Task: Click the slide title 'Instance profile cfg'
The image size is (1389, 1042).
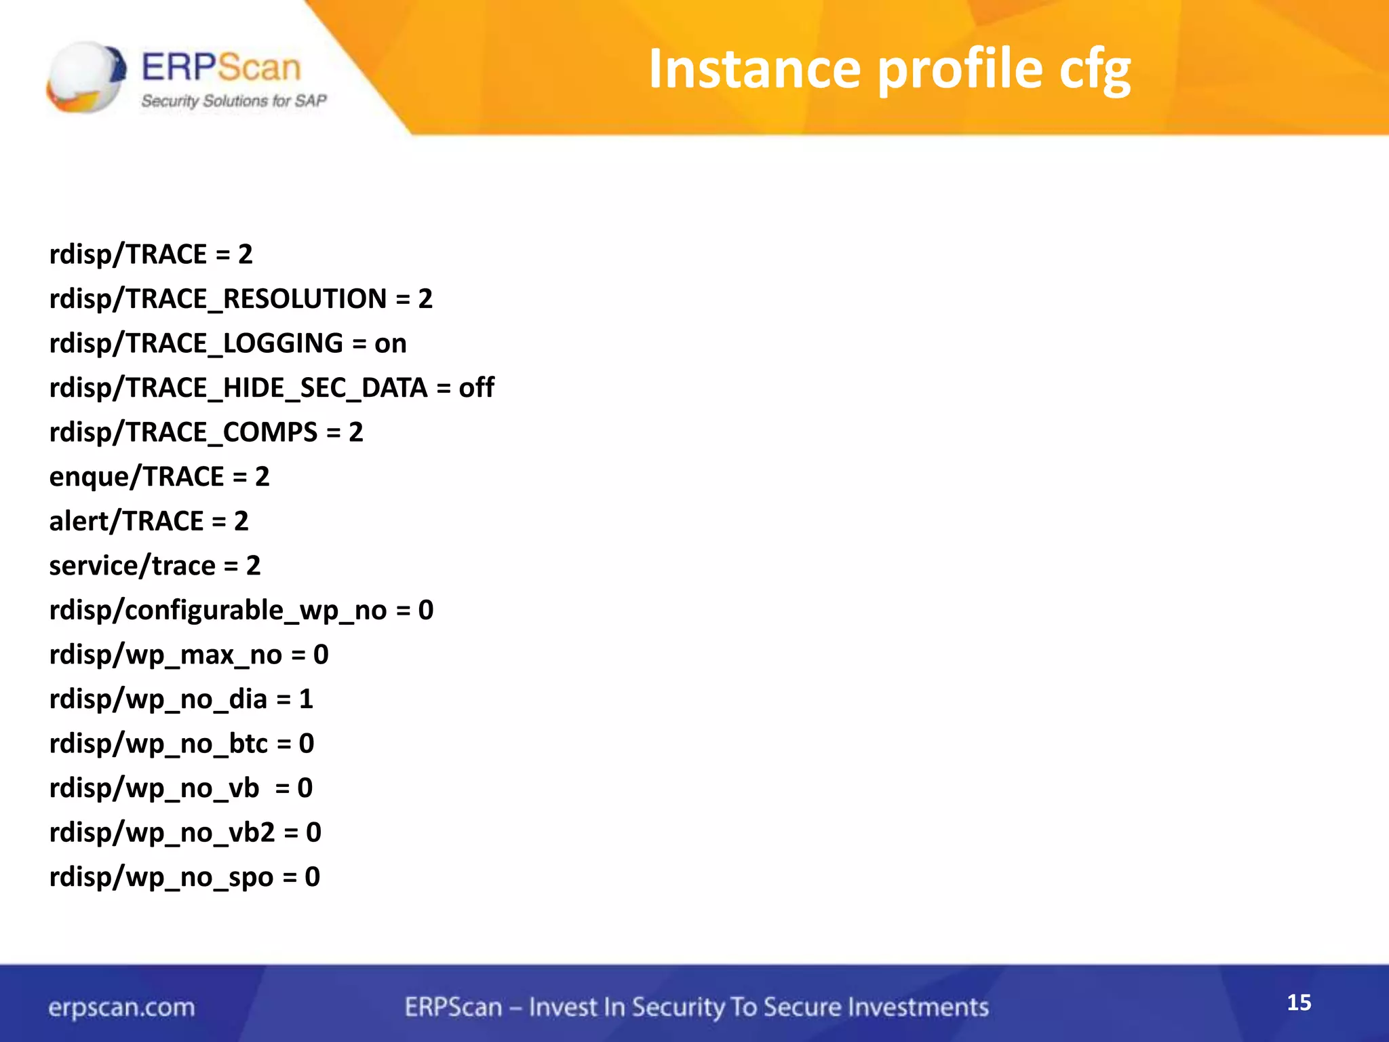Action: tap(889, 70)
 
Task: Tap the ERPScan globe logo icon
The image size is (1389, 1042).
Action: tap(86, 77)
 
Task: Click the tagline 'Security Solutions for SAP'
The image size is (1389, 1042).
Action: tap(234, 101)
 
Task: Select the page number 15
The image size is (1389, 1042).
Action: tap(1299, 1003)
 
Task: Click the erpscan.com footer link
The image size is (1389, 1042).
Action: tap(121, 1007)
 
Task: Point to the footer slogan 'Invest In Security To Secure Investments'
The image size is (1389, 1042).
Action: tap(758, 1007)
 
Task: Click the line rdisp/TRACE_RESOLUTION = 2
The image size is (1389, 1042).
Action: tap(241, 299)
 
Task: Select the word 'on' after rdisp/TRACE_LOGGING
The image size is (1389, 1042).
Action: tap(390, 344)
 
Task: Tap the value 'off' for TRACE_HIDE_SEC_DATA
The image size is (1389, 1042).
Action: tap(476, 388)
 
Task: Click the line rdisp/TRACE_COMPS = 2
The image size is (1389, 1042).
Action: tap(206, 433)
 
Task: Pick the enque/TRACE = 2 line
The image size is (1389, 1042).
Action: tap(159, 477)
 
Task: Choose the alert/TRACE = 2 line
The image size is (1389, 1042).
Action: tap(149, 522)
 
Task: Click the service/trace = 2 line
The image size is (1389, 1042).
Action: tap(155, 566)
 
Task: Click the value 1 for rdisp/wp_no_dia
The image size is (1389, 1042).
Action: tap(306, 699)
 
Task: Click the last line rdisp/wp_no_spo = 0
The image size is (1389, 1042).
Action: tap(184, 877)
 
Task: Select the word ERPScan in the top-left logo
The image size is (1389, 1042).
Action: tap(221, 68)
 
